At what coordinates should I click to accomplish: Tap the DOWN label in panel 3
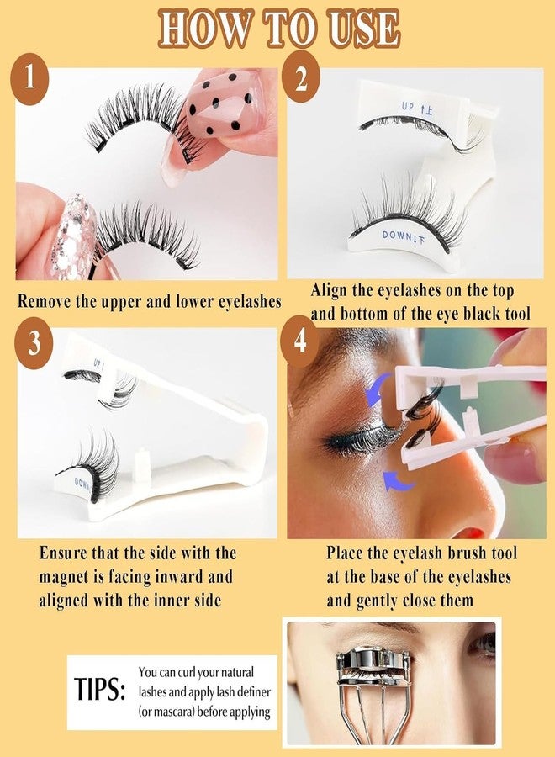point(84,483)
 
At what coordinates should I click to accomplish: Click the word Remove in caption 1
point(49,300)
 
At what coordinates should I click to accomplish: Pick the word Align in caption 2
point(330,290)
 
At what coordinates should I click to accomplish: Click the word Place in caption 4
point(347,553)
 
